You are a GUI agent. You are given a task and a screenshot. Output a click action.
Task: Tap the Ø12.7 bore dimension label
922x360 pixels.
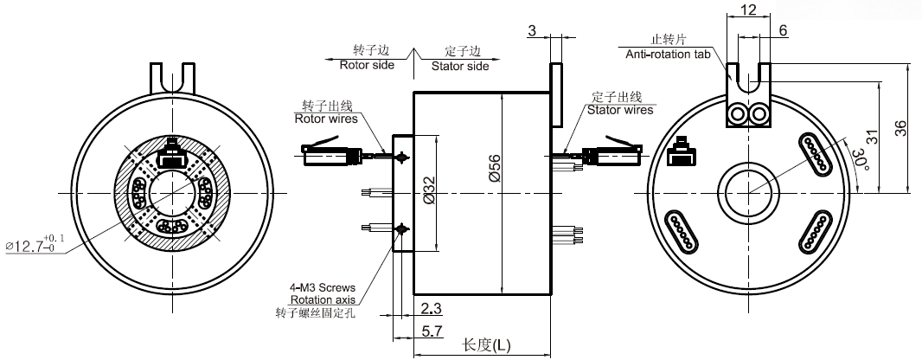[35, 246]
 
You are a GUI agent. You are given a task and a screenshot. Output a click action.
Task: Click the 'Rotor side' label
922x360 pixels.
[367, 65]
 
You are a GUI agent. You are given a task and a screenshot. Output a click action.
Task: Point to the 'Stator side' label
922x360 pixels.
[460, 66]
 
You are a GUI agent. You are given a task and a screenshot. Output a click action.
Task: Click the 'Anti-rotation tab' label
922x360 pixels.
[667, 55]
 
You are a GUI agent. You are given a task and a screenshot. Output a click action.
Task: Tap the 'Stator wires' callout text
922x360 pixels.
[620, 110]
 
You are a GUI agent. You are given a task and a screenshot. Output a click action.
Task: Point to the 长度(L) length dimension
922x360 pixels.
[487, 344]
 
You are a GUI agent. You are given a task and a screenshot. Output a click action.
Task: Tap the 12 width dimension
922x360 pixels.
[749, 10]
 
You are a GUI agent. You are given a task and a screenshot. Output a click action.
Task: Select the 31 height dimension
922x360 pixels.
[872, 137]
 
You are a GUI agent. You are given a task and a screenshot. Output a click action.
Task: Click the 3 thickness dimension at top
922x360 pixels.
[533, 30]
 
